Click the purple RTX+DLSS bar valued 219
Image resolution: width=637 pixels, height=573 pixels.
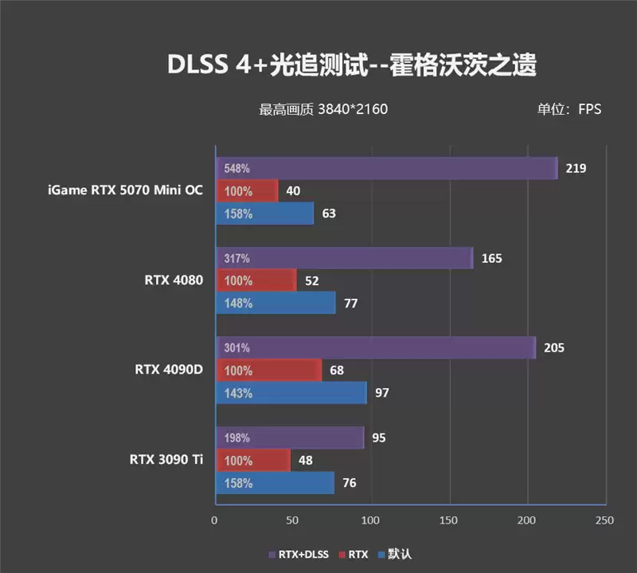pos(386,168)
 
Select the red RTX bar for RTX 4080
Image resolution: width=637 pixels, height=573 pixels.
pos(256,281)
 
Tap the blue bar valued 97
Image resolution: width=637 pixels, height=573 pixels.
pos(291,393)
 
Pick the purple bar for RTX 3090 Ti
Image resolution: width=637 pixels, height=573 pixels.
pos(289,438)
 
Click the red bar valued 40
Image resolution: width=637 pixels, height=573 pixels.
pos(246,191)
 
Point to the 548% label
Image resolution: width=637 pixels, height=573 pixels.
pos(238,169)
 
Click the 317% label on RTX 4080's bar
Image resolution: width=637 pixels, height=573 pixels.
pos(238,258)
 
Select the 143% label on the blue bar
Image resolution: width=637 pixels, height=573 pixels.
pos(238,393)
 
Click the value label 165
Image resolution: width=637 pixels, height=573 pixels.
pos(492,258)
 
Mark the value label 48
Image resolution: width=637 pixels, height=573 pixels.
pos(305,460)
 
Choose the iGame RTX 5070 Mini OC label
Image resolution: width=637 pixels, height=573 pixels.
pos(126,190)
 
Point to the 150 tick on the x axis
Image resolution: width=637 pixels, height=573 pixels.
pos(450,520)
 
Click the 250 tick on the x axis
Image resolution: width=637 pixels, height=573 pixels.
pos(604,520)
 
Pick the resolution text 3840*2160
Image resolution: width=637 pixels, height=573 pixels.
pos(352,109)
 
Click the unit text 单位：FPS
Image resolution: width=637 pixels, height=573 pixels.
pos(569,109)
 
